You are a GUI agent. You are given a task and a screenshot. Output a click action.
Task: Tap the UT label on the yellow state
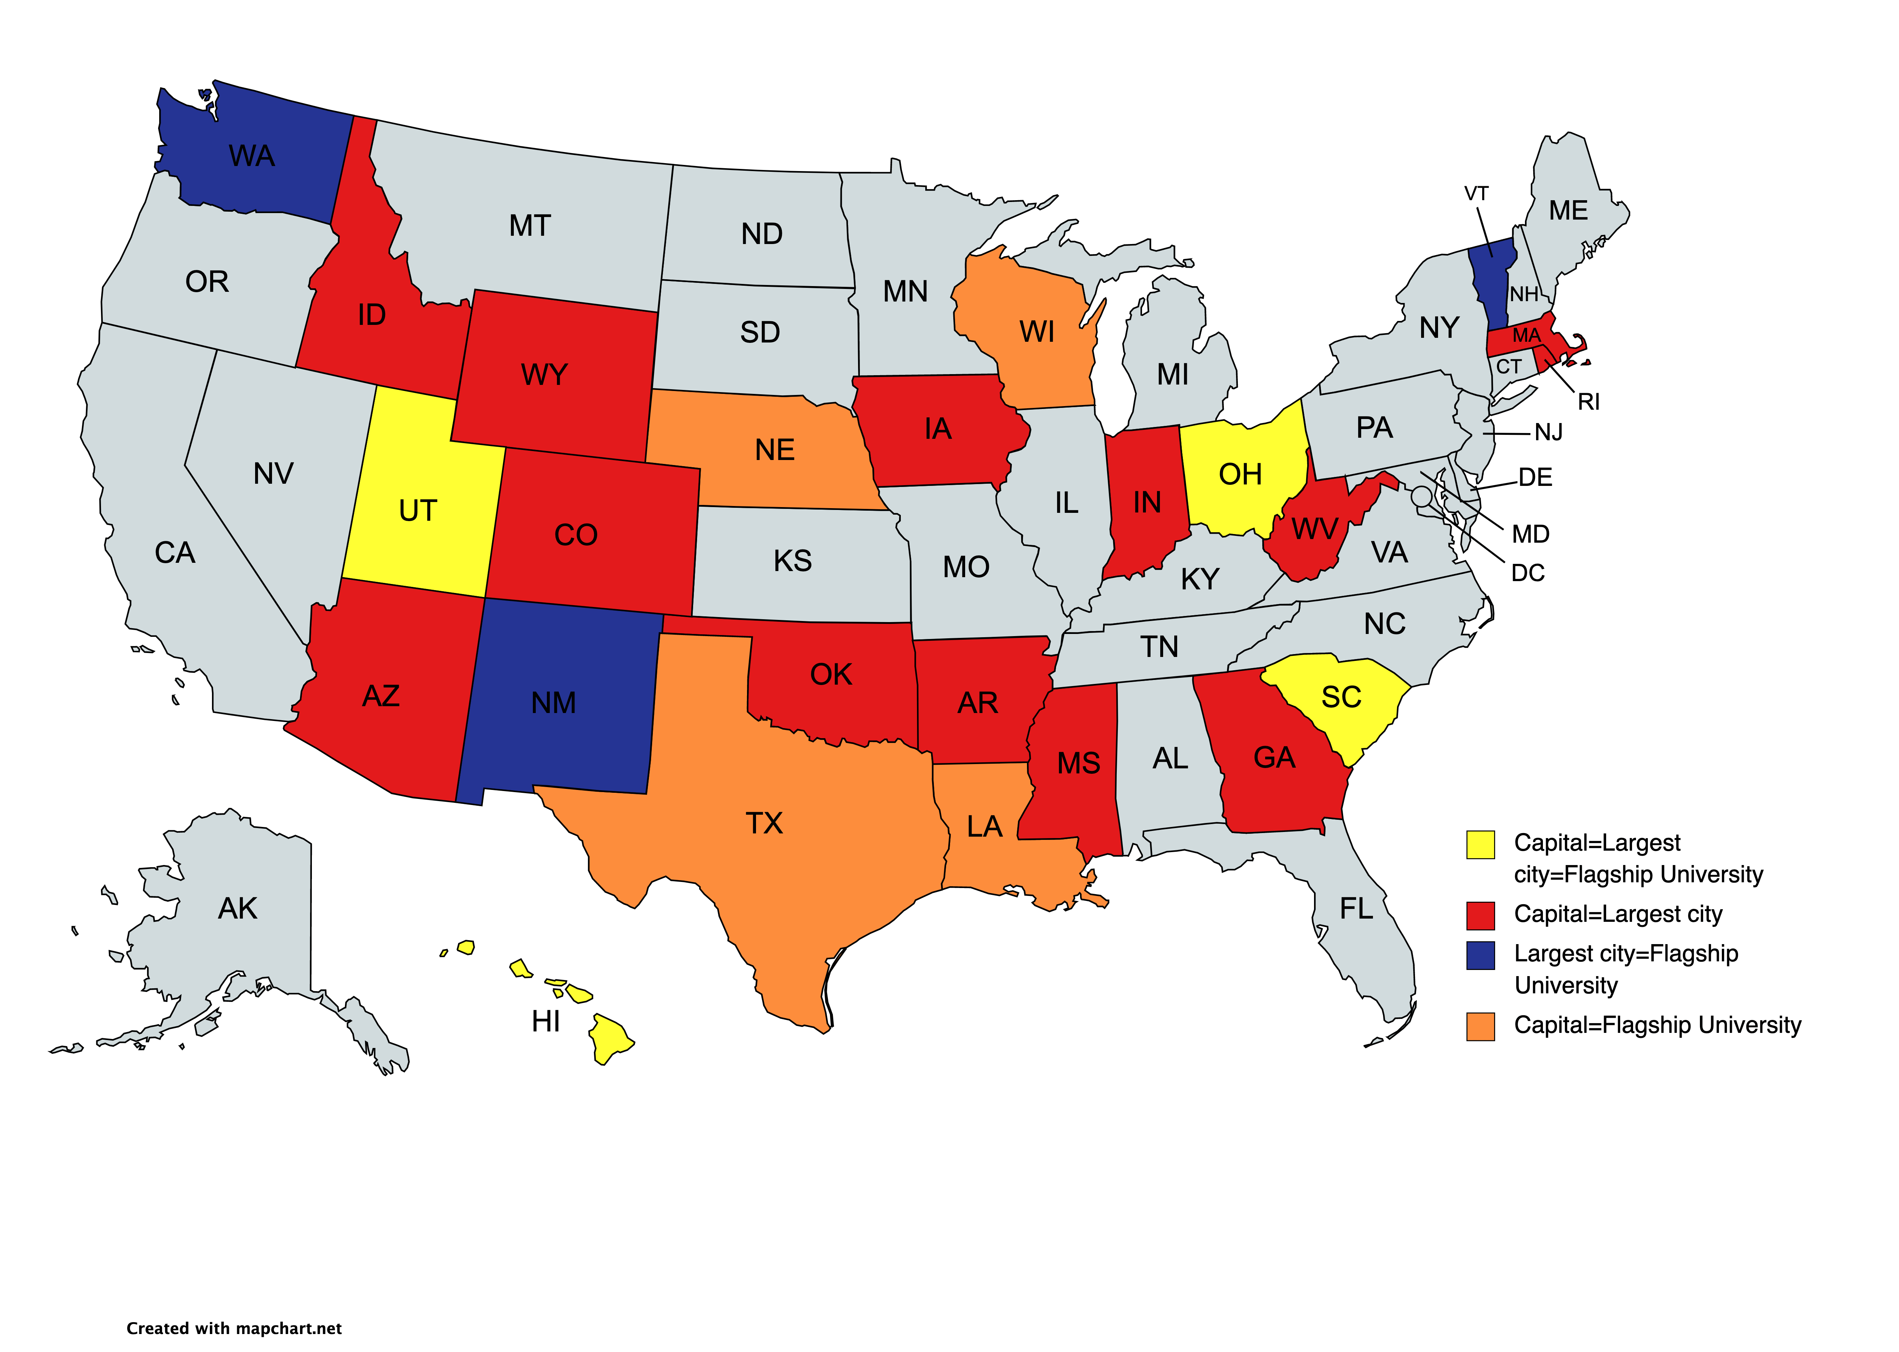418,510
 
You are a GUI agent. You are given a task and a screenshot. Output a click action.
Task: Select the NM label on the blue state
553,703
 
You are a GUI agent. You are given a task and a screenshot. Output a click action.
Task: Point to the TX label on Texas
764,823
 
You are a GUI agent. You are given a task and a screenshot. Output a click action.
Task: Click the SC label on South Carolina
1341,697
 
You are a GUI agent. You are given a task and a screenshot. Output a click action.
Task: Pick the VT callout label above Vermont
1476,194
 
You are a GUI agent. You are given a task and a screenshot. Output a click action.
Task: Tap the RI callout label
1589,402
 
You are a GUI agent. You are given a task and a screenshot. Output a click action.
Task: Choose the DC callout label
1528,573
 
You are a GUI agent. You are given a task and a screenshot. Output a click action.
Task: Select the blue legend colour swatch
1480,955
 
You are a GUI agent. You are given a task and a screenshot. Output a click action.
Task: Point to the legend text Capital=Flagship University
1657,1025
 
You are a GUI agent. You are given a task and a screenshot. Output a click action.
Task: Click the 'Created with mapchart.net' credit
234,1329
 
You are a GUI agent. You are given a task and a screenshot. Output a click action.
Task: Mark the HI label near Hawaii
546,1021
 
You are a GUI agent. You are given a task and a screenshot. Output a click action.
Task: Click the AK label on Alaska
238,908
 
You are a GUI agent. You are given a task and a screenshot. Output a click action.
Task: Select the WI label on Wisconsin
1037,332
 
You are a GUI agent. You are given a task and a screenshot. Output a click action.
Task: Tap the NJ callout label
1549,432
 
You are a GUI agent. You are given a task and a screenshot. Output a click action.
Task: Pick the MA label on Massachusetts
1526,336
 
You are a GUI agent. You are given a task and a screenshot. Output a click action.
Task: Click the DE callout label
1535,477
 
